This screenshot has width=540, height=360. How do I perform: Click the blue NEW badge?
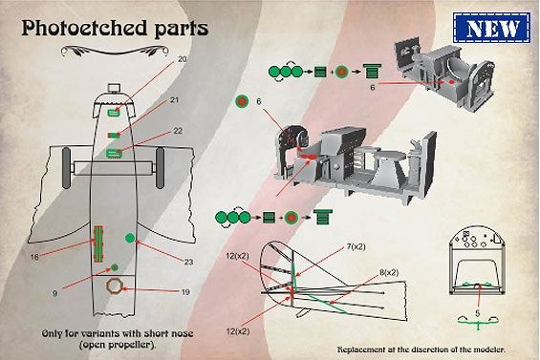pos(492,28)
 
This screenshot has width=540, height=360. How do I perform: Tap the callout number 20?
pos(183,59)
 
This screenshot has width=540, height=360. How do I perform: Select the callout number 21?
pos(175,100)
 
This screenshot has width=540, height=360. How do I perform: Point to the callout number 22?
pos(178,131)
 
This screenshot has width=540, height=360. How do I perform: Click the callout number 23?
pos(188,262)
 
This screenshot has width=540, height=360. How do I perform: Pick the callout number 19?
pos(185,292)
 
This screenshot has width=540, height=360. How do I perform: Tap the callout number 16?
pos(34,257)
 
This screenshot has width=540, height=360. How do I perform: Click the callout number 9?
pos(54,293)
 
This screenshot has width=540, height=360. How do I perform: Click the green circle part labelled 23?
pos(130,238)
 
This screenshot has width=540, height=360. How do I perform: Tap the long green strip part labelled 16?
pos(98,244)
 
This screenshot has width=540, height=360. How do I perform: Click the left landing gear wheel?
pos(66,168)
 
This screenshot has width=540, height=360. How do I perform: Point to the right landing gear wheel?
pos(160,168)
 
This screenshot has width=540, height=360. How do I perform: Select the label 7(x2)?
pos(356,246)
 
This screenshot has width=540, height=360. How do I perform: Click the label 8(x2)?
pos(389,272)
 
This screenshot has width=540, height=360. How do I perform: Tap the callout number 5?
pos(477,313)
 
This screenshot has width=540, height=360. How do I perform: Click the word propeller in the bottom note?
pos(132,345)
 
